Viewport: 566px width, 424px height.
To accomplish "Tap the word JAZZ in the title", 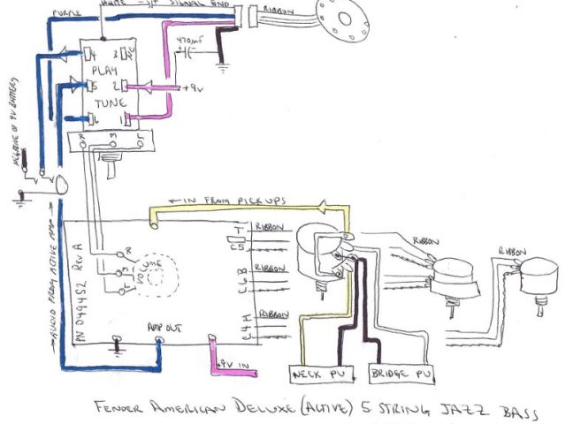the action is pyautogui.click(x=448, y=409).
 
